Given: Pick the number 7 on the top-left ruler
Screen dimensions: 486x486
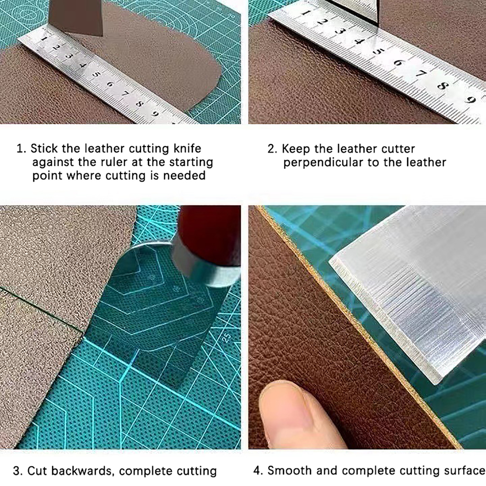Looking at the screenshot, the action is [x=124, y=94].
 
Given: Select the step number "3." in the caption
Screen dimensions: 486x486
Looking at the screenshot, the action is [x=18, y=471].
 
